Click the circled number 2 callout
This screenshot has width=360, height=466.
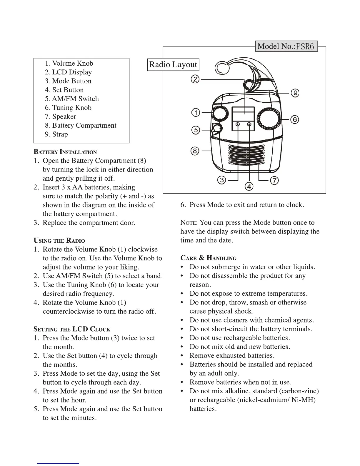pyautogui.click(x=195, y=79)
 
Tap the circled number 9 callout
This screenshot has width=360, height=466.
pyautogui.click(x=295, y=93)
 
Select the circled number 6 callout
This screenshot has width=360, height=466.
pyautogui.click(x=295, y=119)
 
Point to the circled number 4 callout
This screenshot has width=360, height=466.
pyautogui.click(x=249, y=187)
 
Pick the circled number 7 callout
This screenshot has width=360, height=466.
pyautogui.click(x=274, y=180)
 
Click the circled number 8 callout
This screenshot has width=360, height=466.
pyautogui.click(x=195, y=151)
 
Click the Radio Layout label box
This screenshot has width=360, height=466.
pyautogui.click(x=173, y=64)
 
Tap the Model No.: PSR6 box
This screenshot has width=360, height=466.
pyautogui.click(x=286, y=46)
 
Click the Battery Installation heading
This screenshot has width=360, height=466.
pyautogui.click(x=65, y=152)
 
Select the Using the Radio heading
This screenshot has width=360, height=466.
pyautogui.click(x=59, y=241)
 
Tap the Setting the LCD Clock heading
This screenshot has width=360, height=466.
pyautogui.click(x=72, y=329)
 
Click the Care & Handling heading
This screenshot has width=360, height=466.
pyautogui.click(x=208, y=258)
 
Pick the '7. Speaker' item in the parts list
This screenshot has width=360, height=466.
pyautogui.click(x=60, y=116)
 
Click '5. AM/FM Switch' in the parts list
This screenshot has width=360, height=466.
pyautogui.click(x=72, y=99)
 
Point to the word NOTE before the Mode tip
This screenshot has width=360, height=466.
pyautogui.click(x=187, y=223)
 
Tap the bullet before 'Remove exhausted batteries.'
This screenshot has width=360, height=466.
pyautogui.click(x=184, y=356)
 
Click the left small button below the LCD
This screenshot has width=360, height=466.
pyautogui.click(x=238, y=125)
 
